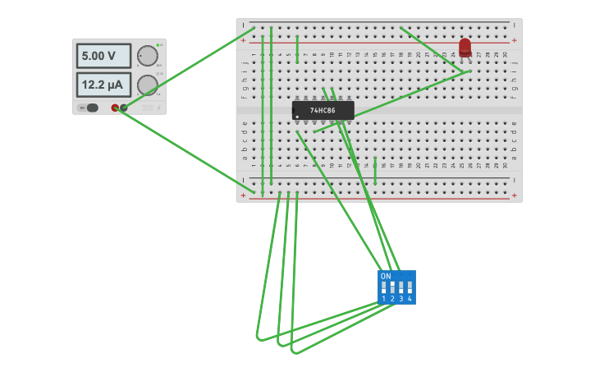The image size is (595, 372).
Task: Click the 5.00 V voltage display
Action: coord(103,56)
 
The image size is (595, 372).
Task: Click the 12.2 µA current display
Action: coord(103,85)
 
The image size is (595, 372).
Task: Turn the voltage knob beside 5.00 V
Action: coord(148,55)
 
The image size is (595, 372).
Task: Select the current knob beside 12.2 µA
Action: coord(148,85)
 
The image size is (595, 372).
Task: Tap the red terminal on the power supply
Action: coord(115,108)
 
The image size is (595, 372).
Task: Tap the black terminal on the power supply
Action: coord(124,108)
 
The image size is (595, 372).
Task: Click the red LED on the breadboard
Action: coord(465,48)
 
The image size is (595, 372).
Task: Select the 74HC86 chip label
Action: coord(323,110)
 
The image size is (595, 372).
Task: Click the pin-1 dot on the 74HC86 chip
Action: coord(297,117)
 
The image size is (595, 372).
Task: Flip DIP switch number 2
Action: coord(392,287)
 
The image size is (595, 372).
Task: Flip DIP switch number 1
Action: coord(383,287)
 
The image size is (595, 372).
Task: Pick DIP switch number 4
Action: coord(410,287)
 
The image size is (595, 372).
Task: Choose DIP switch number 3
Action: coord(400,287)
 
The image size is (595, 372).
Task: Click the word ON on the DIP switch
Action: coord(386,276)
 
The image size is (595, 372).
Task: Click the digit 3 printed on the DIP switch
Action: coord(400,299)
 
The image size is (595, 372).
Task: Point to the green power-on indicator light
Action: coord(158,44)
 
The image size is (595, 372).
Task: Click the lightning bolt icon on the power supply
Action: coord(158,108)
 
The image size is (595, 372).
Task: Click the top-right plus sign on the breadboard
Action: coord(515,39)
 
